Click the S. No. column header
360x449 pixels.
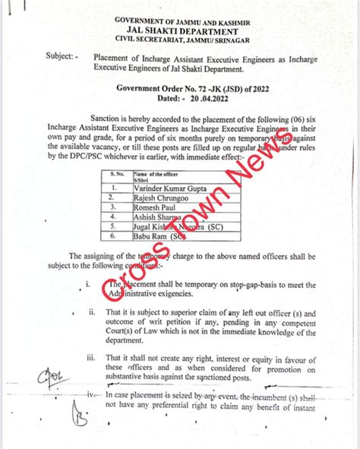[x=112, y=175]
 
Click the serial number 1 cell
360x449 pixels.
[x=113, y=186]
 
